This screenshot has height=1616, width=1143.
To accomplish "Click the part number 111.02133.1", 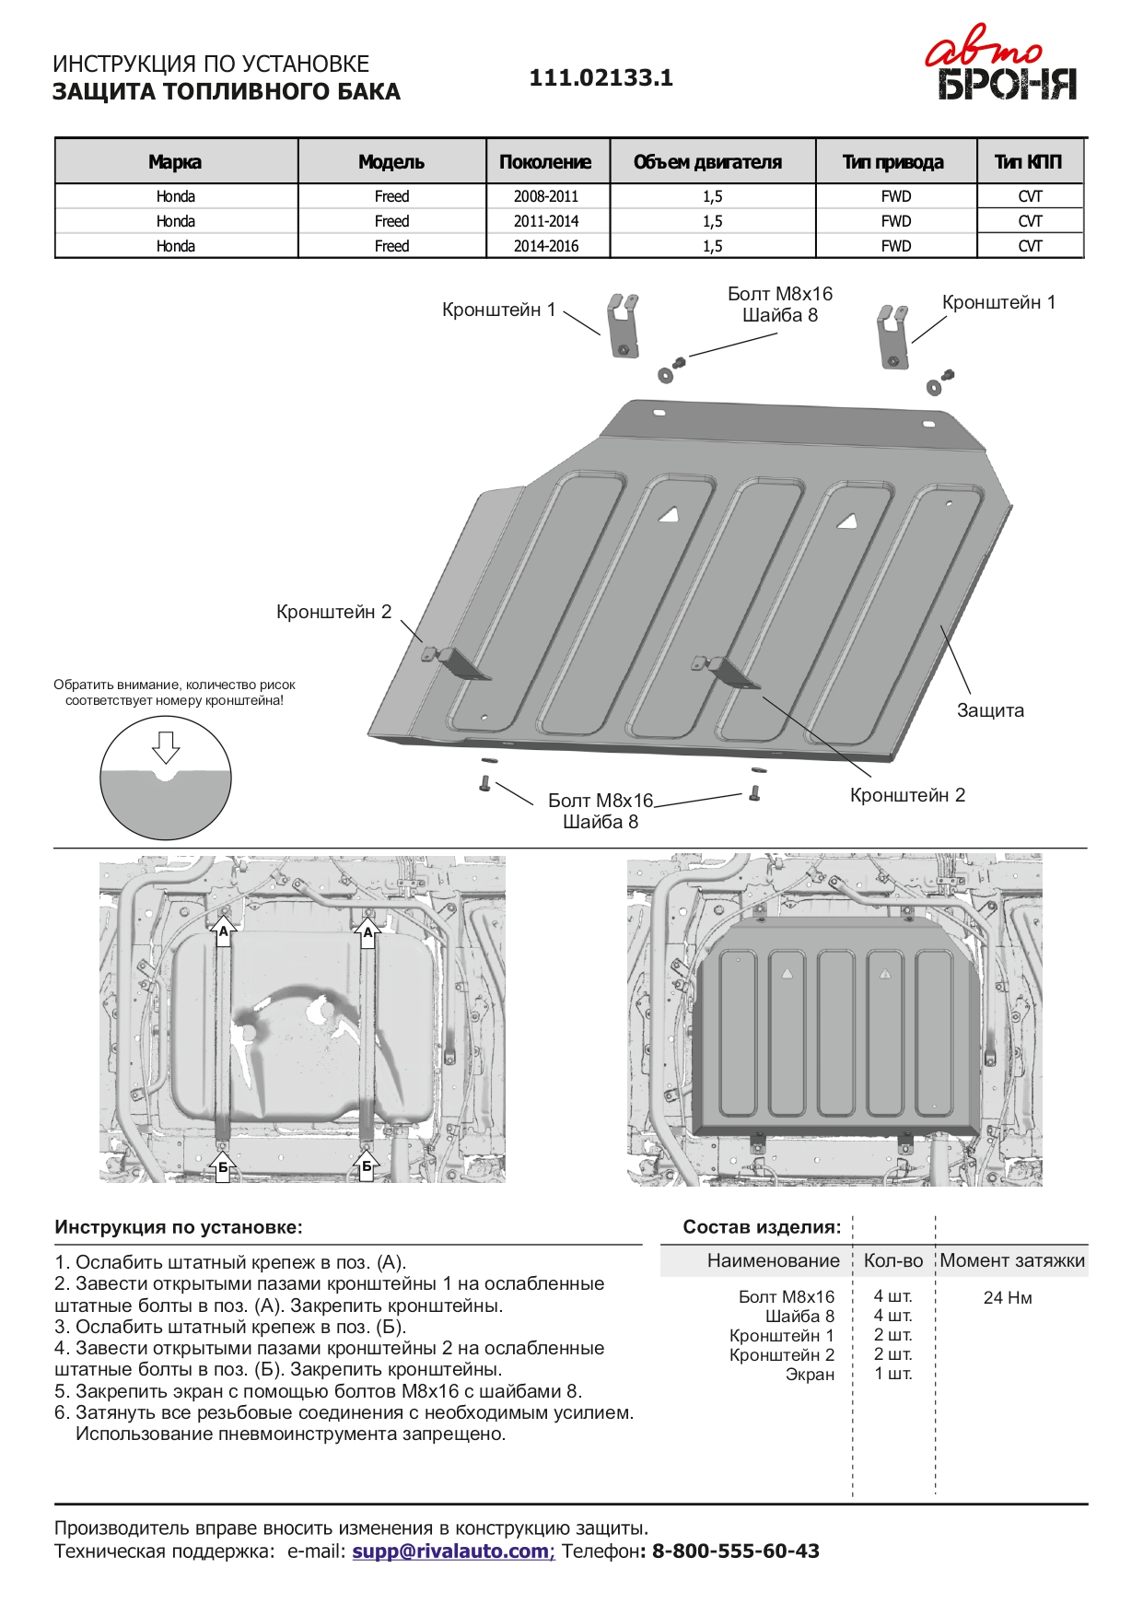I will coord(601,78).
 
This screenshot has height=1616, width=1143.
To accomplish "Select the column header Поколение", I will coord(545,162).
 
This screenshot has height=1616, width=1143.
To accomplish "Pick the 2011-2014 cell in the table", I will coord(546,221).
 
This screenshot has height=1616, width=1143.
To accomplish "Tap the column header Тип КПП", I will coord(1028,162).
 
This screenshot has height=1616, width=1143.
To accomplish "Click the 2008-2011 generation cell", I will coord(546,196).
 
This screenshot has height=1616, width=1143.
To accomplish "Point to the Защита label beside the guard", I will coord(990,710).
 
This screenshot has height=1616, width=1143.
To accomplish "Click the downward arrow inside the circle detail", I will coord(166,746).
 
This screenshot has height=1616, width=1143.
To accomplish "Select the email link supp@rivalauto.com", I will coord(451,1551).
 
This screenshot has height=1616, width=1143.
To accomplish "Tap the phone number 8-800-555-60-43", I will coord(736,1551).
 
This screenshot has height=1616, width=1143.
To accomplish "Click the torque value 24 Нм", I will coord(1008,1297).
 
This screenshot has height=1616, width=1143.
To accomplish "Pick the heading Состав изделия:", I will coord(762,1227).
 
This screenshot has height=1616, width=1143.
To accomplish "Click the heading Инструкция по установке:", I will coord(179,1227).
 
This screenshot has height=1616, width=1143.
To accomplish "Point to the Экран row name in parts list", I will coord(810,1375).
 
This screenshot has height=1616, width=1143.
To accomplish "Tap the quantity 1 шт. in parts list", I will coord(892,1374).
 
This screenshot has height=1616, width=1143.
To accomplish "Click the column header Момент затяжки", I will coord(1012,1260).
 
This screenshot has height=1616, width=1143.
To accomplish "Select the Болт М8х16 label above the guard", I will coord(779,294).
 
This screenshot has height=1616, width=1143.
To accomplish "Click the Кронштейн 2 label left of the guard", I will coord(333,612).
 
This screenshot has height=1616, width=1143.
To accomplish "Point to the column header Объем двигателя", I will coord(707,162).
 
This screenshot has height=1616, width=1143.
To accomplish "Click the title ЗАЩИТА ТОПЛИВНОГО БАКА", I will coord(227,92).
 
